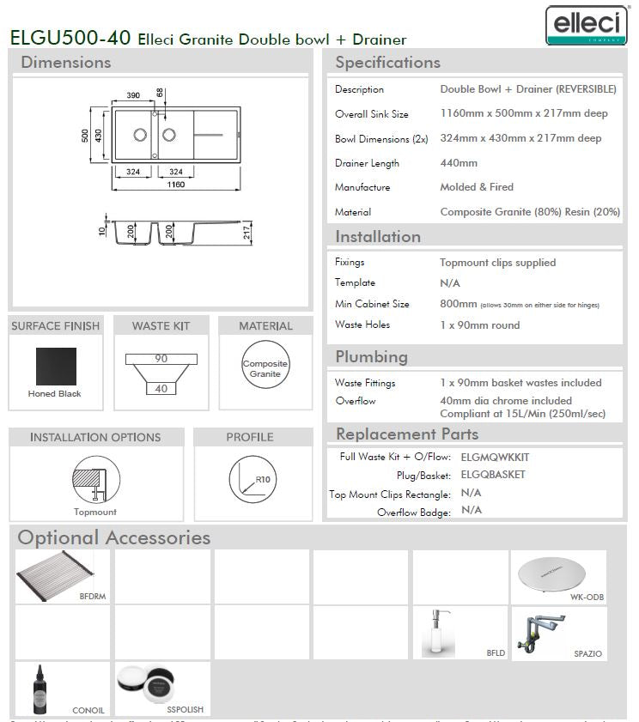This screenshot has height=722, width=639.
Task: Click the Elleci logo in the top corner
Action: pyautogui.click(x=586, y=24)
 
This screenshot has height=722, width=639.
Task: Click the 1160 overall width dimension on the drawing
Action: pyautogui.click(x=175, y=185)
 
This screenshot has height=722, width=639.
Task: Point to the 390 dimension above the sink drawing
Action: pyautogui.click(x=133, y=95)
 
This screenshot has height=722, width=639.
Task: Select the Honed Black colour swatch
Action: pyautogui.click(x=55, y=367)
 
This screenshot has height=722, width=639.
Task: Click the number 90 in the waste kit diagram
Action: pyautogui.click(x=161, y=359)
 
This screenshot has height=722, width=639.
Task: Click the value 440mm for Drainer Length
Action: pyautogui.click(x=459, y=163)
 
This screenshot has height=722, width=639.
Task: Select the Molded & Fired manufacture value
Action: pyautogui.click(x=477, y=187)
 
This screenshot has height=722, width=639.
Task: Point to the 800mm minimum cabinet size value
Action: pyautogui.click(x=458, y=304)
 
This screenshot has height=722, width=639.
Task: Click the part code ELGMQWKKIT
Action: pyautogui.click(x=495, y=457)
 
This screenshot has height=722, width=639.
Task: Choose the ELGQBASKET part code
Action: pyautogui.click(x=493, y=474)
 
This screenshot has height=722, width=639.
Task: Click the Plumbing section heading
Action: pyautogui.click(x=371, y=357)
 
